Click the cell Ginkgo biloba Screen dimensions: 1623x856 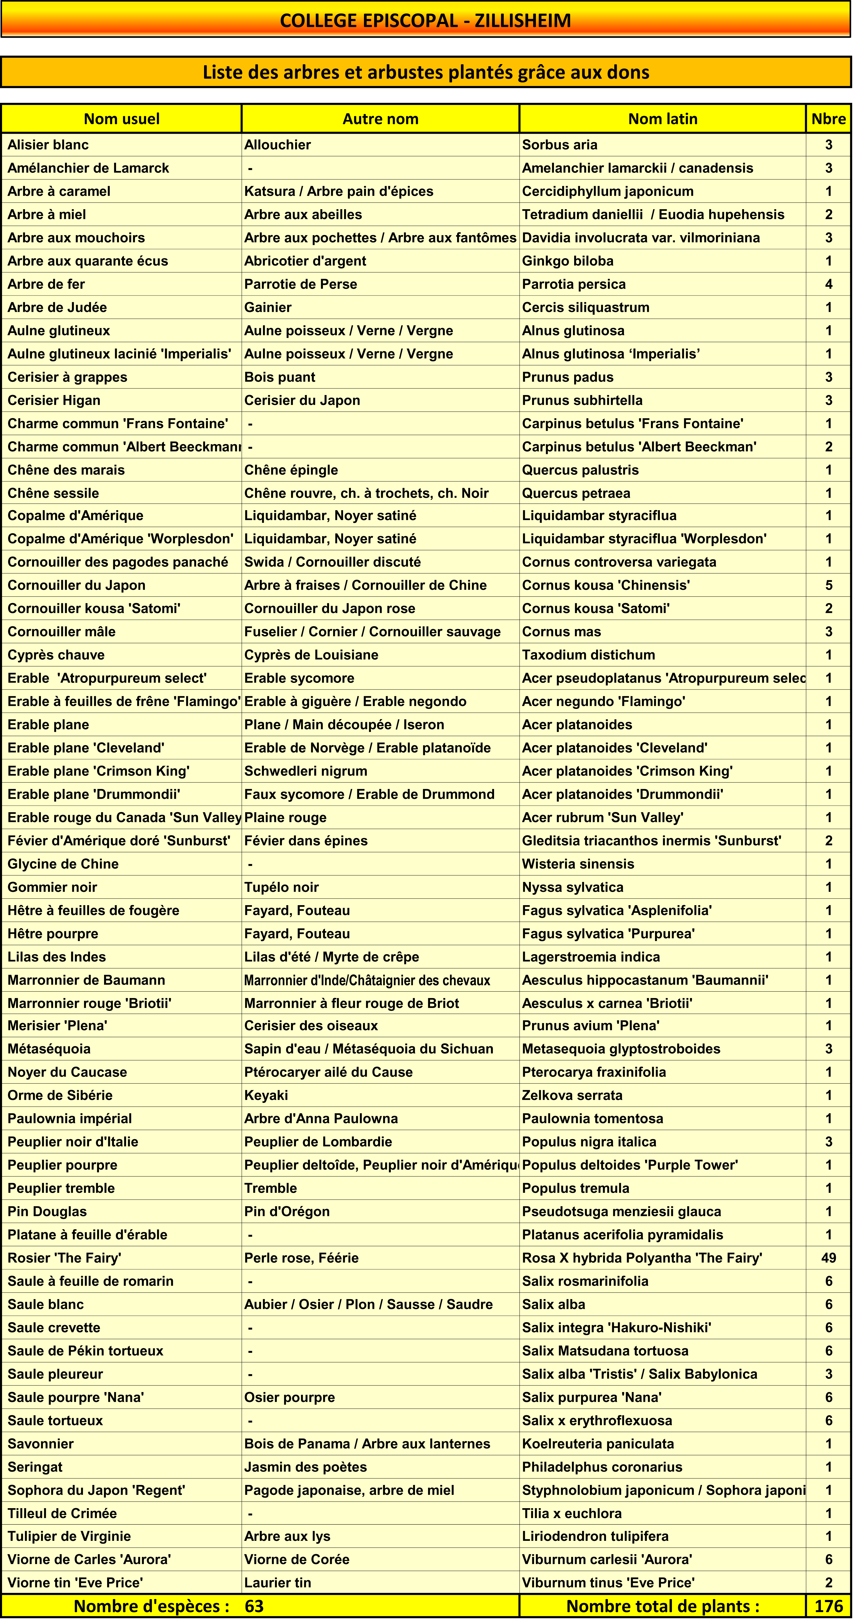tap(568, 261)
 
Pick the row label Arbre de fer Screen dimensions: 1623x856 tap(46, 284)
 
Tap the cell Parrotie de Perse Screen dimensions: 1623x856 tap(300, 284)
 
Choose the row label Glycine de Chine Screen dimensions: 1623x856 tap(63, 864)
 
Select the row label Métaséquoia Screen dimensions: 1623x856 tap(49, 1049)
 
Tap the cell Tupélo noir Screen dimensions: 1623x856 tap(282, 887)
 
